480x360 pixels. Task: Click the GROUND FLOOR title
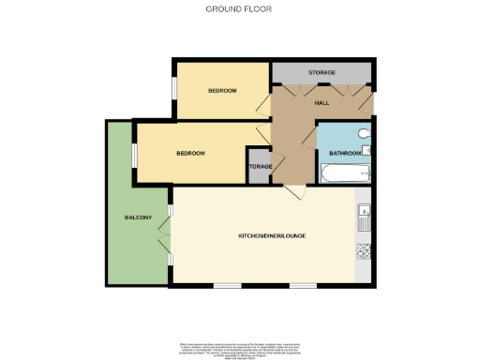[x=239, y=8]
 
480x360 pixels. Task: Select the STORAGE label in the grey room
[x=322, y=72]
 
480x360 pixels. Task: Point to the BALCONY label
[x=138, y=217]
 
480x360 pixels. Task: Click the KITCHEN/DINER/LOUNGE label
[x=272, y=235]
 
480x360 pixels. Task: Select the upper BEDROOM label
[x=222, y=90]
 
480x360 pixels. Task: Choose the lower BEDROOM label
[x=191, y=153]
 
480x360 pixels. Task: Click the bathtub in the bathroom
[x=346, y=174]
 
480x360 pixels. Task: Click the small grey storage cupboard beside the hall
[x=259, y=165]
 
